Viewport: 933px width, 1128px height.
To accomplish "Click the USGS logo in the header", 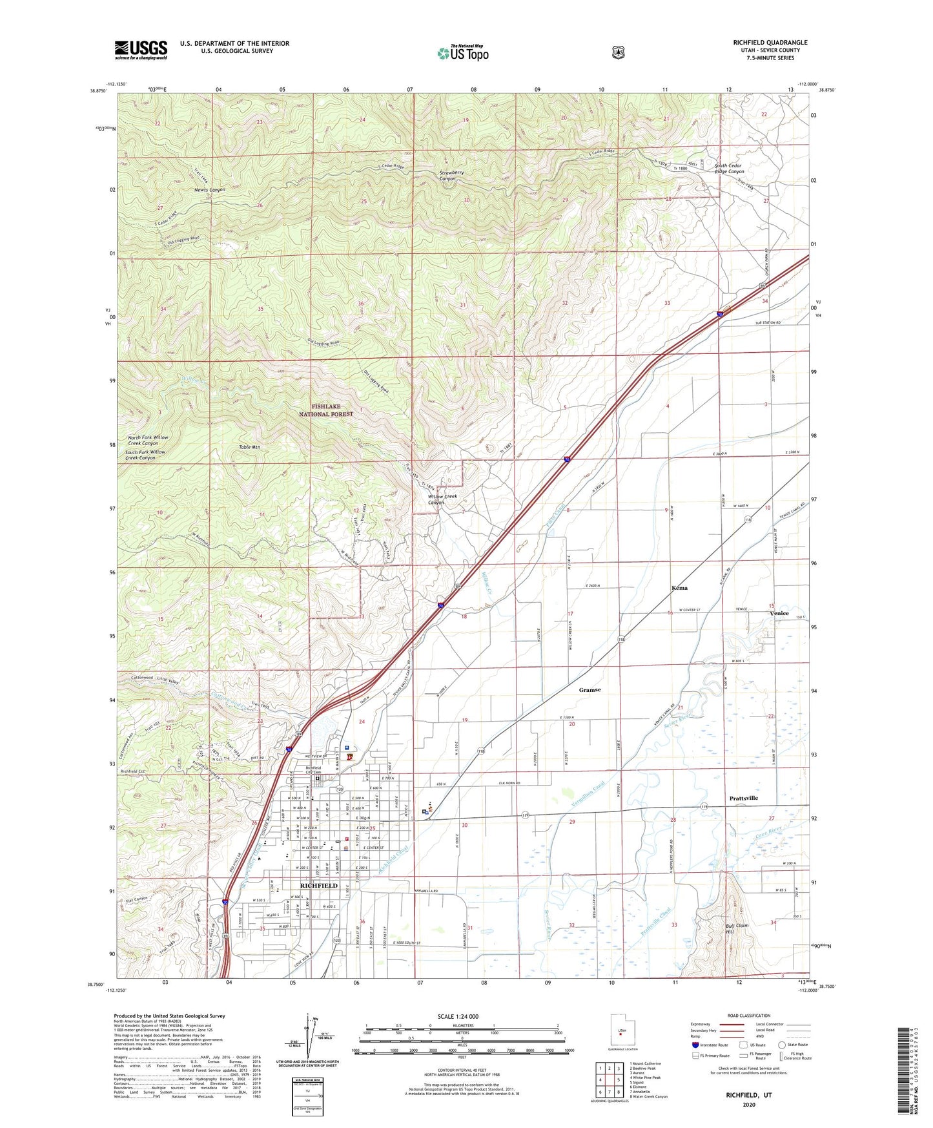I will tap(141, 50).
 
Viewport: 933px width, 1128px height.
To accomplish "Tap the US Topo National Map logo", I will tap(462, 53).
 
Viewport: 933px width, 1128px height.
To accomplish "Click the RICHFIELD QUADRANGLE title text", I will tap(770, 43).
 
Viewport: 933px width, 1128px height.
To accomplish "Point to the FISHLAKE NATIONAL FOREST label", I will tap(325, 410).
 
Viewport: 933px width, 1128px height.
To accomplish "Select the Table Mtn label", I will tap(249, 446).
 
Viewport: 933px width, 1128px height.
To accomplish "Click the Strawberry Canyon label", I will tap(451, 176).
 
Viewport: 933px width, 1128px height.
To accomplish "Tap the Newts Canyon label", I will tap(210, 190).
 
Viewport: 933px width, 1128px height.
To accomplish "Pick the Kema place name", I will tap(679, 588).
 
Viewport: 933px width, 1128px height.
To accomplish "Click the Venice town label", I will tap(779, 613).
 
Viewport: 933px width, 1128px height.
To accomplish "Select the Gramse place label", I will tap(590, 690).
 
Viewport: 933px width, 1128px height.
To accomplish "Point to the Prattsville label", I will tap(743, 798).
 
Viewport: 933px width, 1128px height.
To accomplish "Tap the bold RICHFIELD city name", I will tap(319, 886).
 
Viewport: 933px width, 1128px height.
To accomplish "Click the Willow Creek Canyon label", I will tap(442, 499).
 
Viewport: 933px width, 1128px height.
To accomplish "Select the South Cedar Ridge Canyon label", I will tap(729, 169).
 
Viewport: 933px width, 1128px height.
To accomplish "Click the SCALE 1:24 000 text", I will tap(458, 1016).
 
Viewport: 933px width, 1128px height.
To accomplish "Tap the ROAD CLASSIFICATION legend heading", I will tap(748, 1016).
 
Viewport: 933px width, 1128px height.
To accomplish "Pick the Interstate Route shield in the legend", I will tap(695, 1045).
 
